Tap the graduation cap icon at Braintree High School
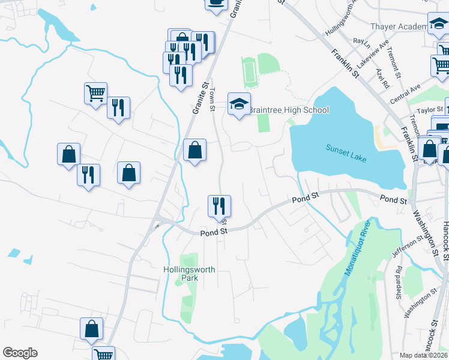click(239, 104)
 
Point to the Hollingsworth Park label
click(189, 274)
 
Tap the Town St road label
click(212, 100)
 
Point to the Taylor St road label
click(430, 110)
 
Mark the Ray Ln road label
click(361, 41)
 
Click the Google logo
click(20, 353)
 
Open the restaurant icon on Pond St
click(219, 206)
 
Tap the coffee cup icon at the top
click(216, 3)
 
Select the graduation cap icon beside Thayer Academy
click(439, 24)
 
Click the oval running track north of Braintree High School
click(249, 72)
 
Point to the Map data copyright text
click(424, 355)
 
